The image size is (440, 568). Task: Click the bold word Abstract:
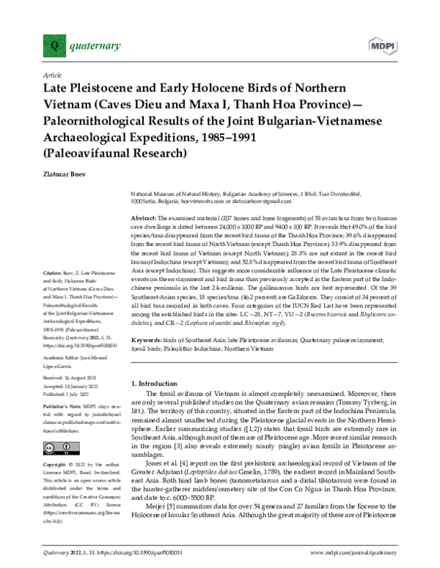pyautogui.click(x=144, y=220)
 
